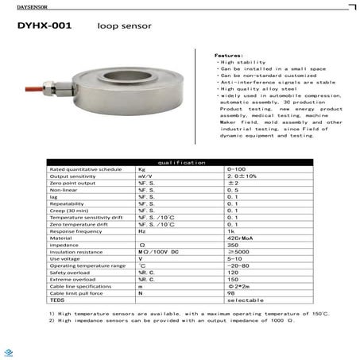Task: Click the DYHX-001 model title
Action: pos(46,26)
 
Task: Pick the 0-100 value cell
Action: pos(235,170)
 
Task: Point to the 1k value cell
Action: pos(232,230)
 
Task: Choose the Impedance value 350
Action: pos(234,244)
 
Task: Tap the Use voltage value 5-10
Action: pos(235,258)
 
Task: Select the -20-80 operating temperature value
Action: pos(238,265)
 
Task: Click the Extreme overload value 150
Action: pos(233,280)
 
